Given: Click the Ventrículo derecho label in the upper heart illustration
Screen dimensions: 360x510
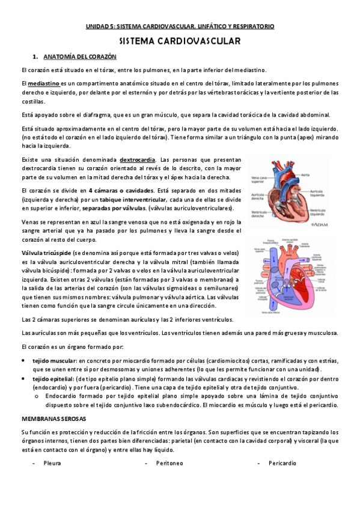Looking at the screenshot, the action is [x=258, y=214].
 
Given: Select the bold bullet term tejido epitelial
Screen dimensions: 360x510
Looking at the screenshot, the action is [x=51, y=379].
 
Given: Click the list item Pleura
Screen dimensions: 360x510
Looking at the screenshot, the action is [x=52, y=463].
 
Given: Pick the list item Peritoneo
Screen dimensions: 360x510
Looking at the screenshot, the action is [x=169, y=463].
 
